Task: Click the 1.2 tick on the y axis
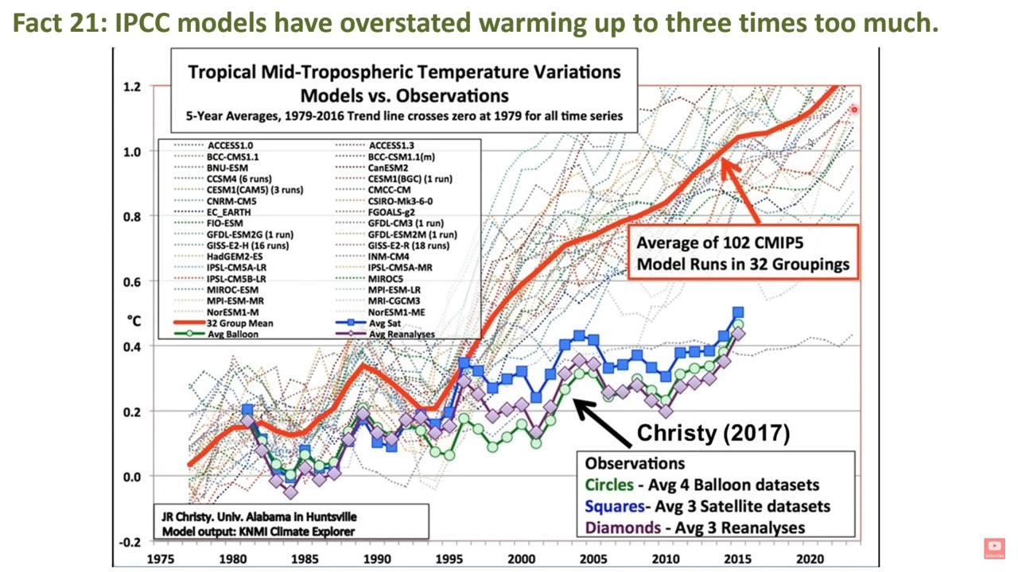pyautogui.click(x=131, y=86)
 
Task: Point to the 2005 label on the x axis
pyautogui.click(x=593, y=558)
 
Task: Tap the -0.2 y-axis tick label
pyautogui.click(x=130, y=542)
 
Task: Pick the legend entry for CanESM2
pyautogui.click(x=387, y=168)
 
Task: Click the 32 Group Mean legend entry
pyautogui.click(x=239, y=323)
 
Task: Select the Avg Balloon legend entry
pyautogui.click(x=233, y=334)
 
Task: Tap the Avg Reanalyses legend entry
pyautogui.click(x=401, y=334)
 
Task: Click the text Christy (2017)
pyautogui.click(x=713, y=433)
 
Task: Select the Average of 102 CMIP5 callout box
pyautogui.click(x=743, y=253)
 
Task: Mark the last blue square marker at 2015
pyautogui.click(x=738, y=313)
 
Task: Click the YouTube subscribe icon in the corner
pyautogui.click(x=994, y=547)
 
